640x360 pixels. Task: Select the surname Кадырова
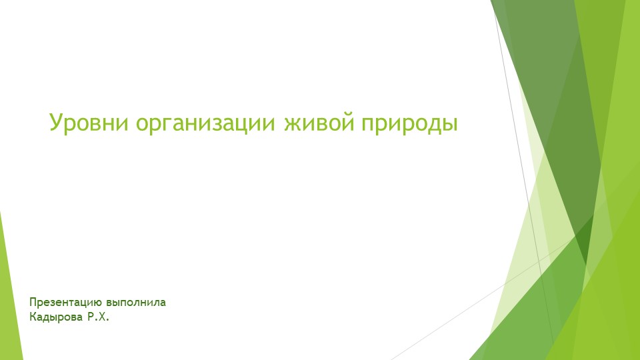pos(56,317)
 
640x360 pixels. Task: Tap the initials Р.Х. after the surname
pos(97,317)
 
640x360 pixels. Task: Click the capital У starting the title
pos(56,123)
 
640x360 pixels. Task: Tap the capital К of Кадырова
pos(33,317)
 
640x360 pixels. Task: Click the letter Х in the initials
pos(101,317)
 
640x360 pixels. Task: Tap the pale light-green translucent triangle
pos(527,267)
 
